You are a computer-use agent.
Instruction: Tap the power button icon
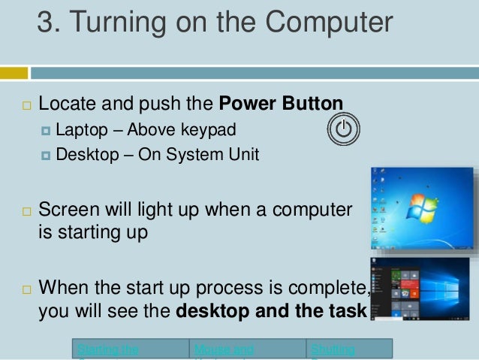343,129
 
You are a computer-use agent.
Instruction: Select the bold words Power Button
282,103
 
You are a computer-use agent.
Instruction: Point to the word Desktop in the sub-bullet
86,156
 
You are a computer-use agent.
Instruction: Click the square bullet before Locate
25,104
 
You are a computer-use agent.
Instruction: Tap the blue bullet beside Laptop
47,131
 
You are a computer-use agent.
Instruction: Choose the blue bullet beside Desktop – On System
47,156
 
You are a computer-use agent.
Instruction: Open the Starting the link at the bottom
107,349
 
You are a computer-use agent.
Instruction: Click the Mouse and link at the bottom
223,349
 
